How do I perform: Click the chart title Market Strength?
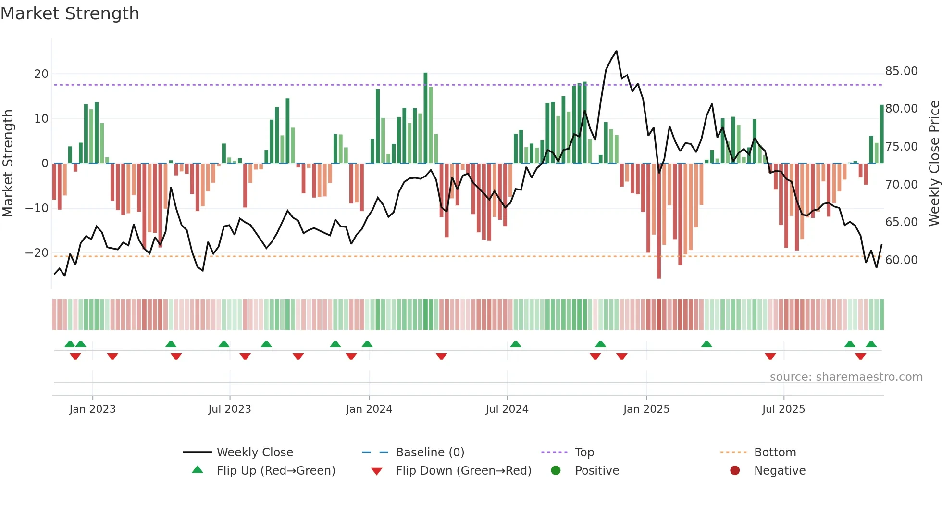click(70, 13)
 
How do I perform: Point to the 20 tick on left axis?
click(41, 74)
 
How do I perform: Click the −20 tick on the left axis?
click(37, 253)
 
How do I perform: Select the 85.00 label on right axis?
click(901, 71)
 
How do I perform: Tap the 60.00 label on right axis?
click(901, 260)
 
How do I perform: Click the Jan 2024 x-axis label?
click(369, 409)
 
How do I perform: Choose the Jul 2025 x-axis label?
click(783, 409)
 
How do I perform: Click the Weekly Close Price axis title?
click(934, 163)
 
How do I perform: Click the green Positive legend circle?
click(556, 470)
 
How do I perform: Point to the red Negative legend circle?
click(734, 470)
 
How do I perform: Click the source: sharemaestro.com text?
click(846, 377)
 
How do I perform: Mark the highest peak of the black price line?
click(616, 51)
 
